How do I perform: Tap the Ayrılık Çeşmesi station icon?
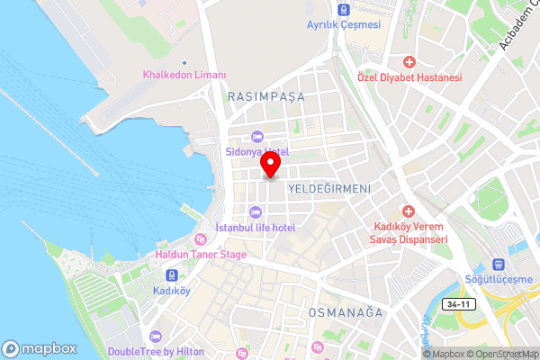[x=342, y=10]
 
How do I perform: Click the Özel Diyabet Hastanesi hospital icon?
[x=409, y=62]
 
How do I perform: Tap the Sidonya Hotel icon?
[x=256, y=137]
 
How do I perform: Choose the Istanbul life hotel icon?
[x=256, y=212]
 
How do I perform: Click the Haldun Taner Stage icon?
[x=201, y=239]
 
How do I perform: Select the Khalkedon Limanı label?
[x=184, y=75]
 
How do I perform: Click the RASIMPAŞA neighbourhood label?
[x=266, y=95]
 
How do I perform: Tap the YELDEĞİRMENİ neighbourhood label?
[x=328, y=189]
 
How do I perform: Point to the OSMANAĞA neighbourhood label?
[x=346, y=312]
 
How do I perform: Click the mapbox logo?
[x=39, y=349]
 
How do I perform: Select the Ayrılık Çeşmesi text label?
[x=343, y=24]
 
